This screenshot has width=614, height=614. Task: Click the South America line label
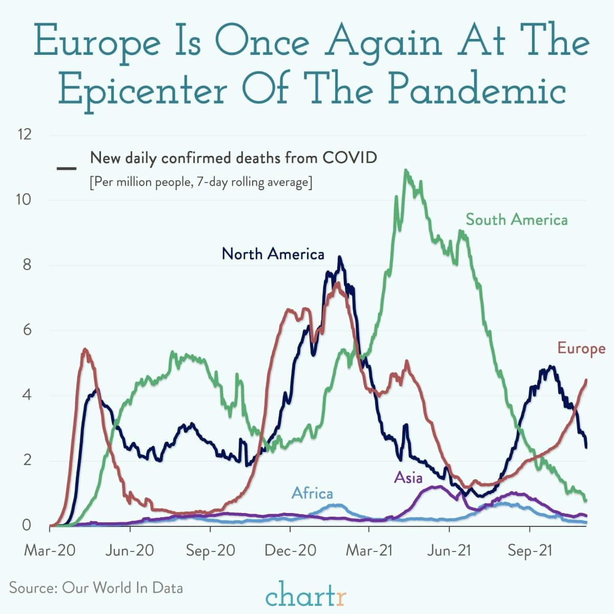point(516,220)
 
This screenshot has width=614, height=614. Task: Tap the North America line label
point(273,254)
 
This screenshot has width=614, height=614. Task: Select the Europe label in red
point(581,349)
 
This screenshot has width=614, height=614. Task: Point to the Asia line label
point(408,478)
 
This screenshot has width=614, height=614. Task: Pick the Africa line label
point(312,494)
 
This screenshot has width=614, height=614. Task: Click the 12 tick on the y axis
point(24,135)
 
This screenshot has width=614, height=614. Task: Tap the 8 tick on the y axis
point(27,265)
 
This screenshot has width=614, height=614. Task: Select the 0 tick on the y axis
point(27,525)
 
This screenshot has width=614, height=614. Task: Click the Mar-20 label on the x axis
point(49,550)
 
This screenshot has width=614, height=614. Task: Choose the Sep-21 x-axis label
point(529,550)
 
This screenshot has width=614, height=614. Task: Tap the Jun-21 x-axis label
point(449,550)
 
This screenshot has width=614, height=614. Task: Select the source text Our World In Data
point(122,587)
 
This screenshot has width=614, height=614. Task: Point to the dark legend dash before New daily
point(67,168)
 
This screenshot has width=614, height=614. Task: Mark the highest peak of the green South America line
point(406,170)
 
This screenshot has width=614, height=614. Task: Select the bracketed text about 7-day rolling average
point(200,182)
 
